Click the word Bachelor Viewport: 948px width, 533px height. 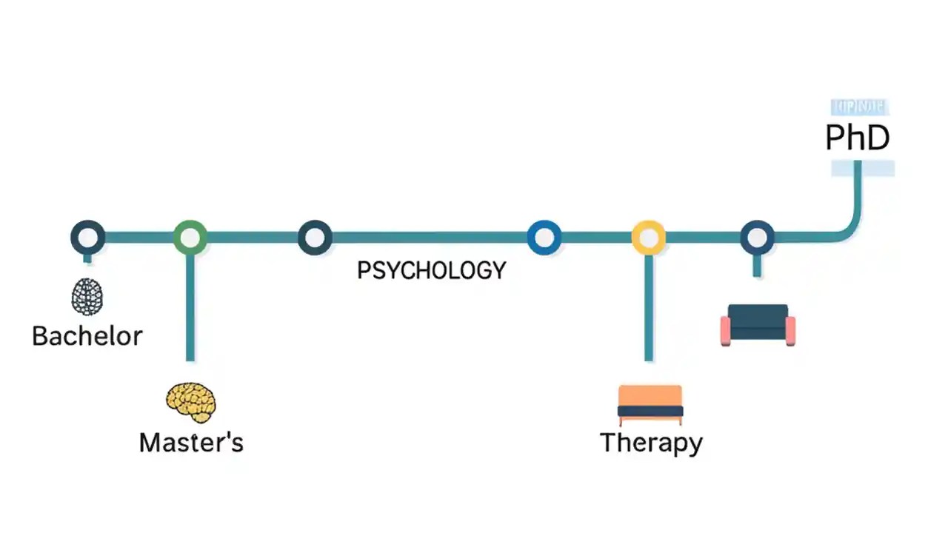coord(87,336)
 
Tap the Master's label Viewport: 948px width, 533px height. coord(191,443)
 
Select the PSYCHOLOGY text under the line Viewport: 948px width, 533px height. coord(431,270)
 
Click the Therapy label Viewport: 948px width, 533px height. coord(651,443)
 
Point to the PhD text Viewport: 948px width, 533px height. coord(857,138)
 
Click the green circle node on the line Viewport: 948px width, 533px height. coord(190,238)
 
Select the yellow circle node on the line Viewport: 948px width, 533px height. coord(648,238)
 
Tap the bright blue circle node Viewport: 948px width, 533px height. coord(544,238)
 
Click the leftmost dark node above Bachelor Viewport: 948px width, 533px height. coord(87,238)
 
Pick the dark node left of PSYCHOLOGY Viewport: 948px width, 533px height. coord(315,238)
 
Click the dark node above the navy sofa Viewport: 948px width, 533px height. coord(757,238)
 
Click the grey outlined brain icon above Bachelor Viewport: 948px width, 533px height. coord(87,297)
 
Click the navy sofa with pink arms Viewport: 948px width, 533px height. coord(758,325)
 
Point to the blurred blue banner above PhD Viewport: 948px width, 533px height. coord(858,107)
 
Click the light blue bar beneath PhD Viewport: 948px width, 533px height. coord(863,169)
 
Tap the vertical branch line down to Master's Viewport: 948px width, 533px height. coord(190,311)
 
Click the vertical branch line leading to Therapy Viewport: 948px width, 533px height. coord(649,311)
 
